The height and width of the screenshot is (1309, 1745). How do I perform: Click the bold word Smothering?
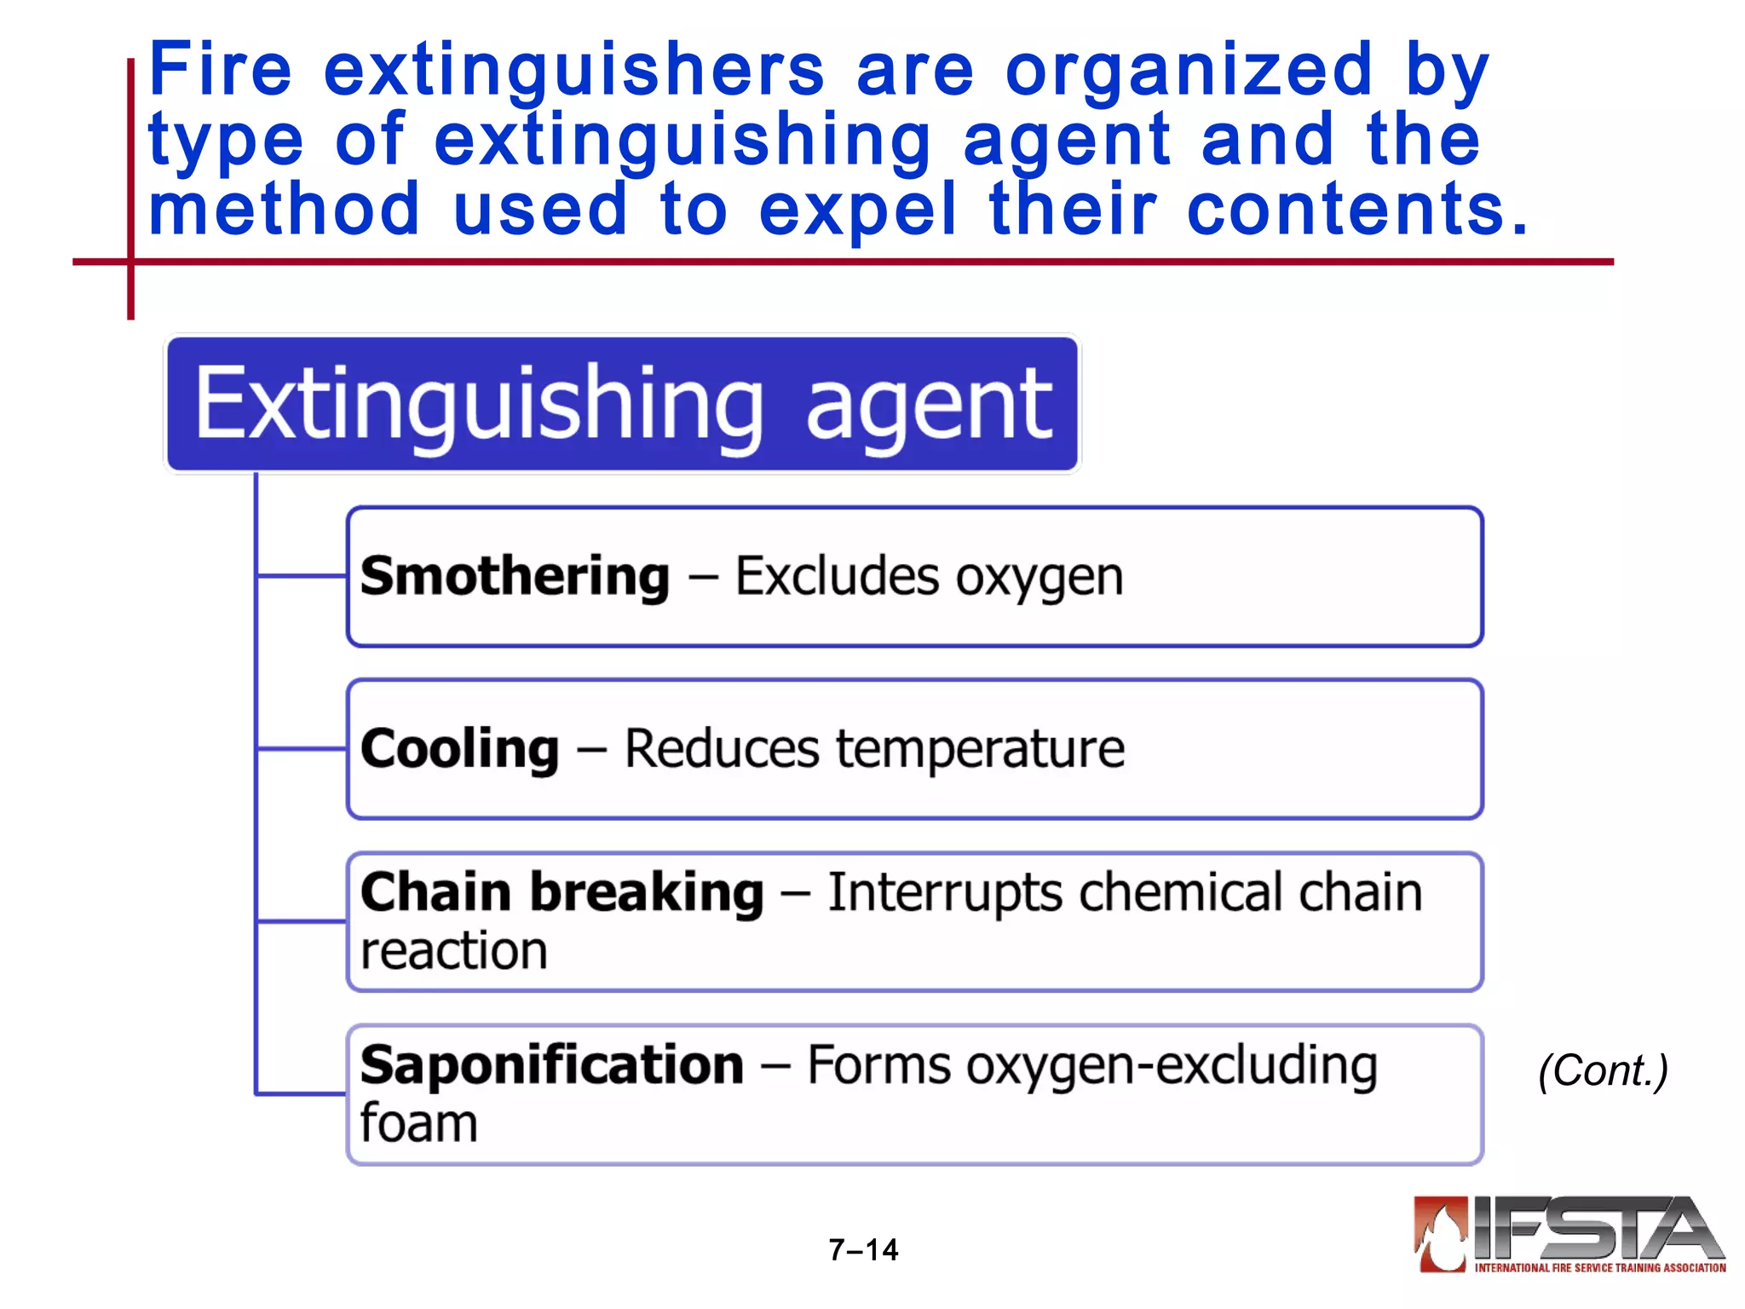515,577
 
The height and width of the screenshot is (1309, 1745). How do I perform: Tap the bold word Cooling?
459,749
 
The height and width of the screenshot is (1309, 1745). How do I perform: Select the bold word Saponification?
552,1065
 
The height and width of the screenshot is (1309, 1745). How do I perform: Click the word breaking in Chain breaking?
647,893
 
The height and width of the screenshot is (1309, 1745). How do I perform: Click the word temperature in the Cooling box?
980,749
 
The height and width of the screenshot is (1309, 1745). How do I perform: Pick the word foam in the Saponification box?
418,1123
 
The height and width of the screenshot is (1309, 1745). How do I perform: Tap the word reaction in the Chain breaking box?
453,951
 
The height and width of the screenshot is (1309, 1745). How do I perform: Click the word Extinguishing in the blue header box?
479,404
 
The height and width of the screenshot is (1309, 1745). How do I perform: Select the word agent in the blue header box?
929,406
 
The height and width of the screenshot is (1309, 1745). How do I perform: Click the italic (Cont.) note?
1603,1070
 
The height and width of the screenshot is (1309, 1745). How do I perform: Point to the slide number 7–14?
863,1249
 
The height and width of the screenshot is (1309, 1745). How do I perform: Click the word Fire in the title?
220,70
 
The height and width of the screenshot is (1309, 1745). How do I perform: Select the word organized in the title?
1189,72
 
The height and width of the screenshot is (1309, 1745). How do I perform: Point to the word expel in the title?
857,211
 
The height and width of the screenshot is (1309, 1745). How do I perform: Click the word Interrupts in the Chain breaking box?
944,893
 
